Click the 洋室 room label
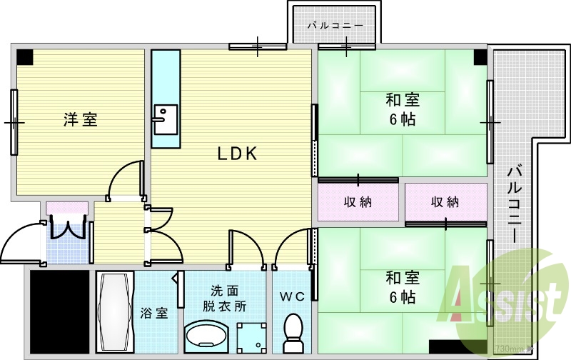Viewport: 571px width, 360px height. pyautogui.click(x=80, y=119)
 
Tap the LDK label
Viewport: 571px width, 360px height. pyautogui.click(x=237, y=154)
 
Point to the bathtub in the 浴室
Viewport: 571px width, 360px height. pyautogui.click(x=114, y=312)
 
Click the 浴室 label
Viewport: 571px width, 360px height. pyautogui.click(x=154, y=312)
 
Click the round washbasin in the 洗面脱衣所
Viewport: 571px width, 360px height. pyautogui.click(x=206, y=334)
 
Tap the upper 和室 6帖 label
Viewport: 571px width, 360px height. pyautogui.click(x=403, y=109)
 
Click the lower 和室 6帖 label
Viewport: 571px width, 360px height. pyautogui.click(x=403, y=286)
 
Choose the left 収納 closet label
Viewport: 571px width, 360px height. pyautogui.click(x=357, y=202)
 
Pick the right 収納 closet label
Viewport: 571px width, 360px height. pyautogui.click(x=445, y=202)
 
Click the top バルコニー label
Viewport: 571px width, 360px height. pyautogui.click(x=335, y=26)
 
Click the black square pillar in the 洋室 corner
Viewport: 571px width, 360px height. pyautogui.click(x=25, y=56)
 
